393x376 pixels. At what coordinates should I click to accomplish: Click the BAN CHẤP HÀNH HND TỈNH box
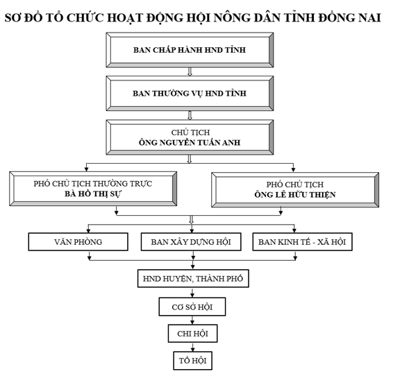pyautogui.click(x=190, y=50)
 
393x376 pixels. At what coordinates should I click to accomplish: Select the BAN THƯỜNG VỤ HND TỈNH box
pyautogui.click(x=190, y=92)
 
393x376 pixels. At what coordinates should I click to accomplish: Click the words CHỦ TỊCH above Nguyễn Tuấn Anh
pyautogui.click(x=190, y=132)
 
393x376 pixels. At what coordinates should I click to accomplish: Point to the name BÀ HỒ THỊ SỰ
pyautogui.click(x=93, y=195)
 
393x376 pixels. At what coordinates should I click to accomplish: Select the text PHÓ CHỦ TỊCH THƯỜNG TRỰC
pyautogui.click(x=93, y=183)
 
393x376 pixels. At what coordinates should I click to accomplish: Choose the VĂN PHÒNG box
pyautogui.click(x=78, y=241)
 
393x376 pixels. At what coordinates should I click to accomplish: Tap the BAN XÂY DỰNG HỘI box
pyautogui.click(x=191, y=241)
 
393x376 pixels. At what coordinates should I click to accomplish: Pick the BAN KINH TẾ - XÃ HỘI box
pyautogui.click(x=302, y=241)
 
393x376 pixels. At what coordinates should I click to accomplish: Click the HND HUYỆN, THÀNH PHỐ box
pyautogui.click(x=192, y=279)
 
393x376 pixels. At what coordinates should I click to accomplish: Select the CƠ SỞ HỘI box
pyautogui.click(x=192, y=307)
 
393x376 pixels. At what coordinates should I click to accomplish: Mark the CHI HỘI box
pyautogui.click(x=192, y=334)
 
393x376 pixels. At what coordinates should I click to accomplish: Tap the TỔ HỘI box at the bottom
pyautogui.click(x=192, y=361)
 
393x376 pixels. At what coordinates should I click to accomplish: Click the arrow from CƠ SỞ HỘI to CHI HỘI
pyautogui.click(x=192, y=320)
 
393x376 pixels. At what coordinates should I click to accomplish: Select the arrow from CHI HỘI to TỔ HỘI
pyautogui.click(x=192, y=347)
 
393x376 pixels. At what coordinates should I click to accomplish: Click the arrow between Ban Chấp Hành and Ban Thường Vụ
pyautogui.click(x=190, y=71)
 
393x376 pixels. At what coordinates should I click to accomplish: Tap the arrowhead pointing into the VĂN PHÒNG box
pyautogui.click(x=87, y=229)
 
